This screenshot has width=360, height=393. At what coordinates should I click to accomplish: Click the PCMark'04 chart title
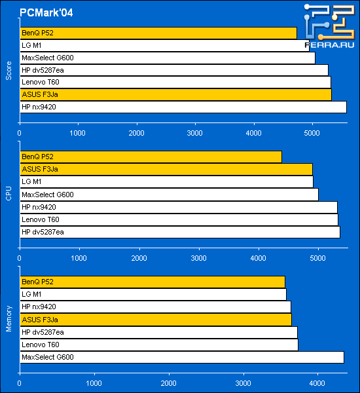tap(46, 12)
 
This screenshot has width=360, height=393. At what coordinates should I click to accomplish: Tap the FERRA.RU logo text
tap(329, 45)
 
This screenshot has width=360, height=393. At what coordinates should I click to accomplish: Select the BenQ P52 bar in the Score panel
tap(158, 33)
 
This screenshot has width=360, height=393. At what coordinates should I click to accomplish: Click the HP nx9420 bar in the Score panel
tap(183, 107)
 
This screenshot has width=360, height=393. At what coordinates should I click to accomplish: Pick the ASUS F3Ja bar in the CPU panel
tap(166, 169)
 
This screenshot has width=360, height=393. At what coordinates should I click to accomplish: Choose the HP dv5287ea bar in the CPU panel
tap(180, 232)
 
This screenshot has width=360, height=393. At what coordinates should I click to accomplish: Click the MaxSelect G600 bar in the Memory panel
tap(182, 357)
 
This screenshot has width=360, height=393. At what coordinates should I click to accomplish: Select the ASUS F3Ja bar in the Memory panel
tap(156, 320)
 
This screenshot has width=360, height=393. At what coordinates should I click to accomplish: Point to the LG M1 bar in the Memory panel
tap(153, 295)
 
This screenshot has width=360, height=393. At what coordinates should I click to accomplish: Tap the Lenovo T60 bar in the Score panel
tap(175, 83)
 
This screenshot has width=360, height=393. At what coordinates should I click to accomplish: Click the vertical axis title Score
tap(9, 71)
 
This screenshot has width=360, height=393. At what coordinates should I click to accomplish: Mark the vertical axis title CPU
tap(9, 193)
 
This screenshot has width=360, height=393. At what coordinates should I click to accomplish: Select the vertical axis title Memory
tap(9, 318)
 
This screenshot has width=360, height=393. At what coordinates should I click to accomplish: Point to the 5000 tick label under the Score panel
tap(312, 133)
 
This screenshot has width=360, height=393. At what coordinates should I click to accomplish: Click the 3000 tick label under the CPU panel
tap(199, 258)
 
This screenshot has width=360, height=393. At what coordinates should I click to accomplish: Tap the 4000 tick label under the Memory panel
tap(317, 383)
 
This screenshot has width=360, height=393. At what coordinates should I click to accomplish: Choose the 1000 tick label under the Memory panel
tap(94, 383)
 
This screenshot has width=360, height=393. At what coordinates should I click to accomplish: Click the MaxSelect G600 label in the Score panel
tap(48, 58)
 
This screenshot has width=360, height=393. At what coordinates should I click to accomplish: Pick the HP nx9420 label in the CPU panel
tap(39, 207)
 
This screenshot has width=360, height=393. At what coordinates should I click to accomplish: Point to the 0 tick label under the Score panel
tap(19, 133)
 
